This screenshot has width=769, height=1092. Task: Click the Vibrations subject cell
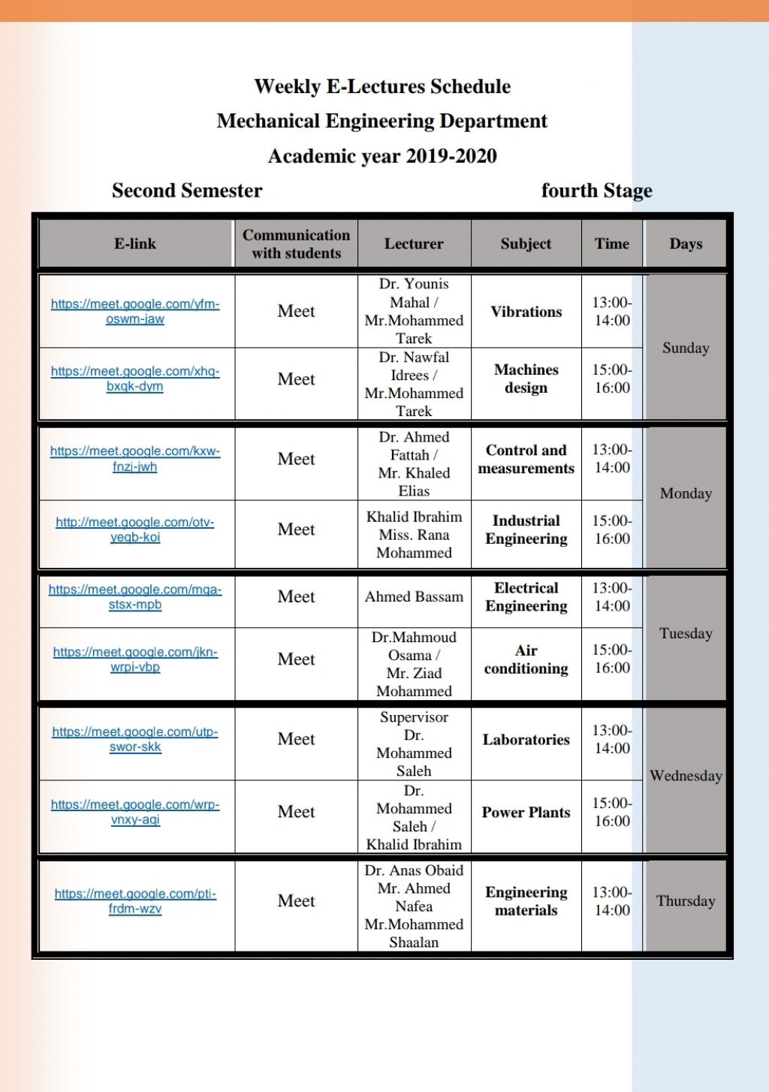[x=526, y=312]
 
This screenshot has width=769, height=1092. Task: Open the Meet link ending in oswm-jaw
[x=135, y=312]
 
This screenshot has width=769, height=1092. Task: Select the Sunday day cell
[x=685, y=348]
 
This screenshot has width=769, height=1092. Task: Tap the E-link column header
[x=135, y=243]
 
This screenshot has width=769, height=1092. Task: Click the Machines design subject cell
[x=526, y=379]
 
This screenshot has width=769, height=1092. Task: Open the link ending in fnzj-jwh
[x=135, y=459]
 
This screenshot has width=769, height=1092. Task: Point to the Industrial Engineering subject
[x=526, y=529]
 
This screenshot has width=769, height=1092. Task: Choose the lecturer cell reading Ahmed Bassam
[x=414, y=597]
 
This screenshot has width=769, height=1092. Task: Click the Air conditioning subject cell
[x=526, y=659]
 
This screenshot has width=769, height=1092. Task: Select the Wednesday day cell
[x=685, y=776]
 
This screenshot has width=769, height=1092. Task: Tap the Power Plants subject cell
[x=526, y=813]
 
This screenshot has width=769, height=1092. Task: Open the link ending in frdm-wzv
[x=135, y=901]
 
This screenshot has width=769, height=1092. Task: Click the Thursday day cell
[x=685, y=901]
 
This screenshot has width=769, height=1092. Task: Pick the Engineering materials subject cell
[x=526, y=901]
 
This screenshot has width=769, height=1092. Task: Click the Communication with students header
[x=296, y=244]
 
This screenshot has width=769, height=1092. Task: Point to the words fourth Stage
[x=596, y=191]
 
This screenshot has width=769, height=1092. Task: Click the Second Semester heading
[x=187, y=191]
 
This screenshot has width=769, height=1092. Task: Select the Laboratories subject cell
[x=526, y=740]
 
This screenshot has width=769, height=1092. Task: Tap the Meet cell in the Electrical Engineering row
[x=296, y=597]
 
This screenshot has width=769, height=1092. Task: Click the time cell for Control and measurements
[x=612, y=459]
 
